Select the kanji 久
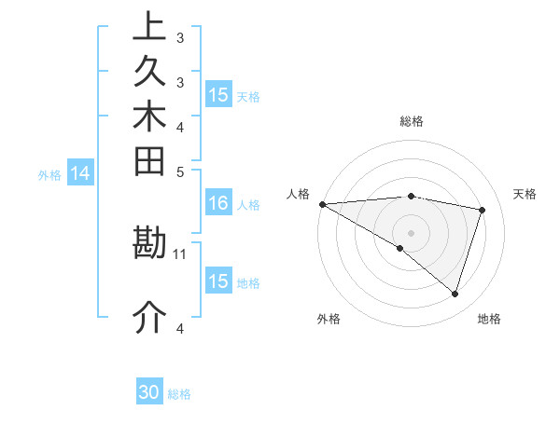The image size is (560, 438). click(149, 72)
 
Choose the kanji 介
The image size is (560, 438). click(149, 318)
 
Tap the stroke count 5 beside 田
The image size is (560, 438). click(180, 171)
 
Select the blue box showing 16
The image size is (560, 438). click(218, 204)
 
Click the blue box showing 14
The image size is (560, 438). click(81, 173)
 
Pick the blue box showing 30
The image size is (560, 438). click(149, 393)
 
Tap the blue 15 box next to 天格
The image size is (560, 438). click(218, 95)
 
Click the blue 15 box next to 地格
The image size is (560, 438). click(218, 281)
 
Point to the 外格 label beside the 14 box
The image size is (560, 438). click(49, 174)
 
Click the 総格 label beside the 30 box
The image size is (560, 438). click(179, 394)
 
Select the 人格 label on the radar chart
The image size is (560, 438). click(298, 194)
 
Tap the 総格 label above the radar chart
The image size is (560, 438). click(412, 121)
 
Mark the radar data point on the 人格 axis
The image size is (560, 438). click(322, 204)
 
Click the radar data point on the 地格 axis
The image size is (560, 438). click(455, 294)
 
